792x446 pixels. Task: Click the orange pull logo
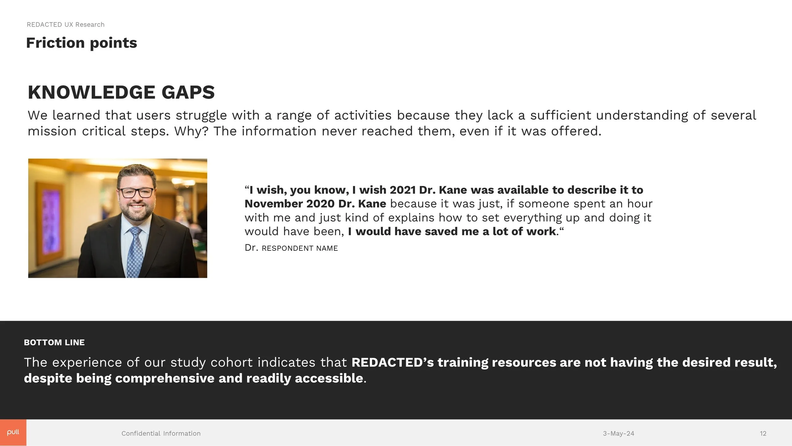[x=13, y=433]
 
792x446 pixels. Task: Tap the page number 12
[x=763, y=433]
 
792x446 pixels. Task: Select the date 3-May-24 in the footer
[x=618, y=433]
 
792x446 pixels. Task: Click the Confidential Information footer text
[x=161, y=433]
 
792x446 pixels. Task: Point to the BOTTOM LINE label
[x=54, y=342]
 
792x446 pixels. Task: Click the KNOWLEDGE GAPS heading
[x=121, y=92]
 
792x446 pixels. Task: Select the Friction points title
[x=81, y=43]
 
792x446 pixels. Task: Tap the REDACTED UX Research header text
[x=66, y=24]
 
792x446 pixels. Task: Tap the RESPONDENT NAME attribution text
[x=300, y=248]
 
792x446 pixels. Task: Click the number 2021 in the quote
[x=402, y=190]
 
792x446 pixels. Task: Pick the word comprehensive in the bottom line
[x=165, y=378]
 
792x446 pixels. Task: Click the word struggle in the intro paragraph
[x=201, y=115]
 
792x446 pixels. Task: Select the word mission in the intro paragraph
[x=52, y=131]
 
